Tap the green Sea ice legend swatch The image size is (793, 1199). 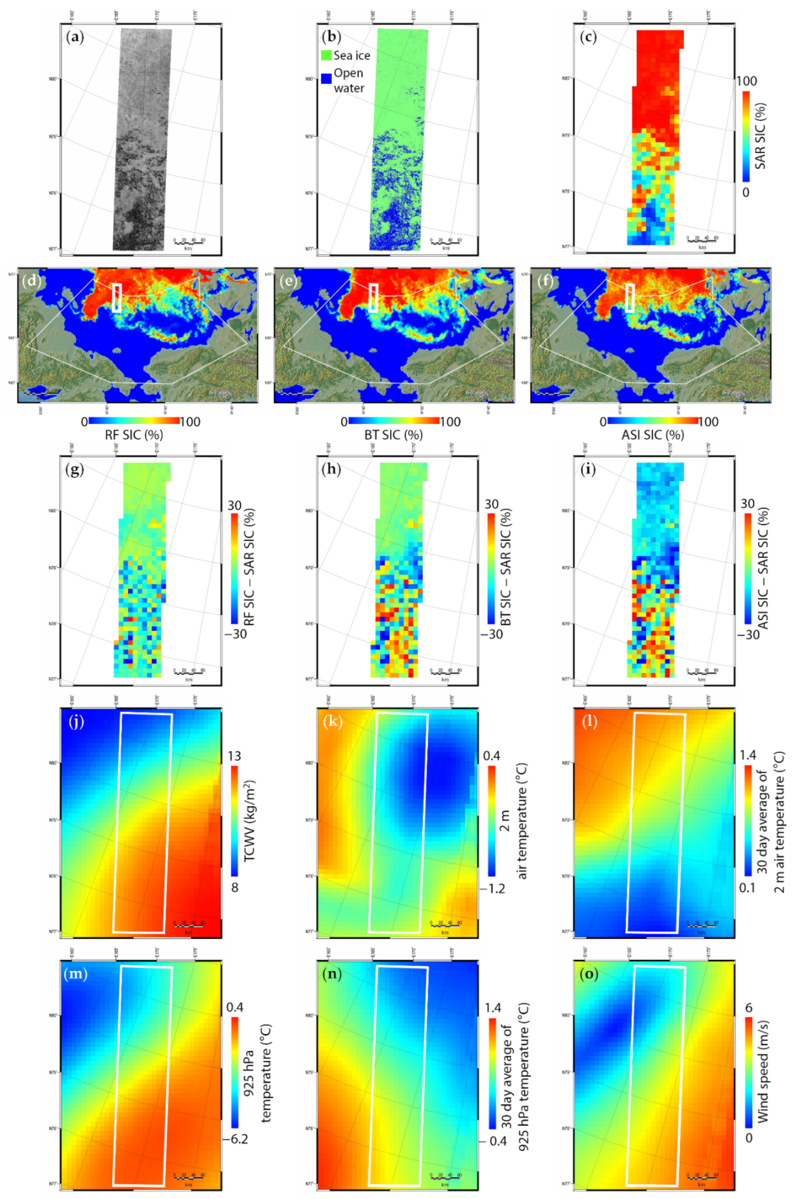coord(326,55)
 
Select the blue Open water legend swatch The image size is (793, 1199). coord(326,78)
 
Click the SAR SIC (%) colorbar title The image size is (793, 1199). coord(760,136)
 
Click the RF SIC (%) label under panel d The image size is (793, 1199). coord(134,435)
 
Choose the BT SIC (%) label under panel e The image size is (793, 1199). coord(394,435)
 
